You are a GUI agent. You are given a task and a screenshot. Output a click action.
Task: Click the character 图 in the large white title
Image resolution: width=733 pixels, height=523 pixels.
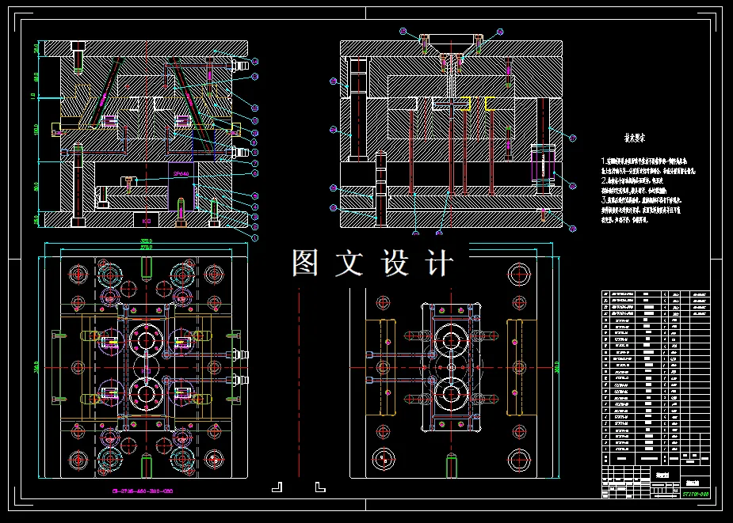tap(305, 263)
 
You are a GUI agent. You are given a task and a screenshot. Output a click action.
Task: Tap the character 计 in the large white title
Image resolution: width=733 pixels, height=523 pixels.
tap(440, 263)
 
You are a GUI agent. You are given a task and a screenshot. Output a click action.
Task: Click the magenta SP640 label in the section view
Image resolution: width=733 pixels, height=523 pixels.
tap(181, 173)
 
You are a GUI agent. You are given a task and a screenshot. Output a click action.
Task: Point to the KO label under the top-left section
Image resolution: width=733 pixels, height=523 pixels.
tap(147, 222)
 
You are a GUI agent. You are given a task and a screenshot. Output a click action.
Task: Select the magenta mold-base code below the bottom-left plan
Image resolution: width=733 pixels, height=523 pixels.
tap(143, 491)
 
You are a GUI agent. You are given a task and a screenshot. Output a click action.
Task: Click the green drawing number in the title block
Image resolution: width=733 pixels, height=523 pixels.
tap(694, 493)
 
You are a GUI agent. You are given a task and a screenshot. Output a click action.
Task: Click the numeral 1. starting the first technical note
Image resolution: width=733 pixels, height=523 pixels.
tap(604, 161)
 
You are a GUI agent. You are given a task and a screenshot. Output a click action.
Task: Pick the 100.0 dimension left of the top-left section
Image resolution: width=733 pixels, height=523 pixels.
tap(36, 128)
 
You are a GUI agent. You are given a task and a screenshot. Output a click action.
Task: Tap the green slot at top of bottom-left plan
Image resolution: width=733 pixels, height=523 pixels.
tap(147, 269)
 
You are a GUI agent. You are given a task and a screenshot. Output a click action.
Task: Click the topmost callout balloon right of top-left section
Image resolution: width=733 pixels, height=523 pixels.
tap(254, 61)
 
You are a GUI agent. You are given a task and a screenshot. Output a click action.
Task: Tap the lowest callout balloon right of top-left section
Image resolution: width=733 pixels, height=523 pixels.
tap(255, 236)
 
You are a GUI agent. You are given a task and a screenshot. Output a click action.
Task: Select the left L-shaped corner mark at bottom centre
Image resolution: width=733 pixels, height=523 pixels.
tap(277, 486)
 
